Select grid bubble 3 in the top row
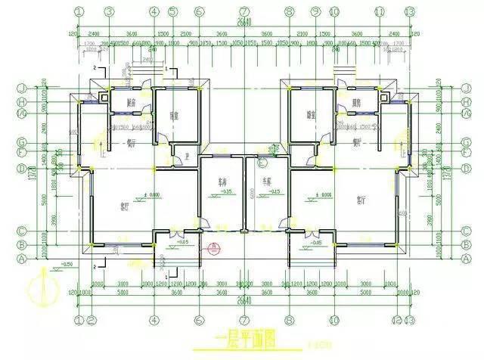click(109, 11)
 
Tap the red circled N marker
click(215, 247)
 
